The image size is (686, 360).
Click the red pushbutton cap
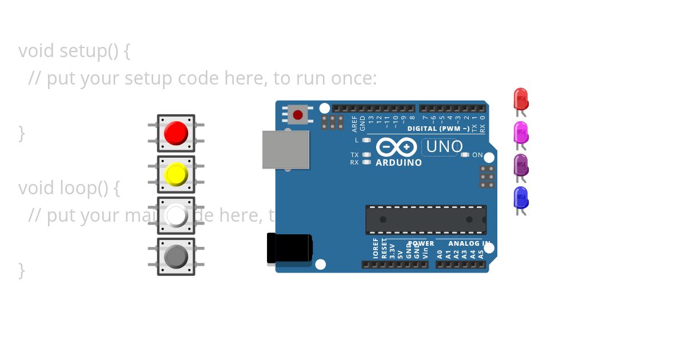(x=176, y=133)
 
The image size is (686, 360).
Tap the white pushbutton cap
(x=176, y=215)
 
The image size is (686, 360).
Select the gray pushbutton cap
(x=176, y=257)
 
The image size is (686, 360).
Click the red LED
(x=520, y=99)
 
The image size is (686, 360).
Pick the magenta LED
(x=520, y=132)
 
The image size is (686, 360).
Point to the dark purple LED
(x=520, y=165)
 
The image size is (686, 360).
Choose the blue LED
(x=520, y=197)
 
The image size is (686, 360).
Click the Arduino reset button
(x=297, y=115)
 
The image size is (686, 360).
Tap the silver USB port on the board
(x=286, y=150)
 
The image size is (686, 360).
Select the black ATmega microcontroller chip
(x=426, y=219)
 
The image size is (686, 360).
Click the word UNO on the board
(x=444, y=147)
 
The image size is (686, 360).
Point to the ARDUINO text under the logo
(x=399, y=163)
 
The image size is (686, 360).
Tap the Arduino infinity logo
(x=397, y=147)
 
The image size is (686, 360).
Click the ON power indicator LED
(x=465, y=155)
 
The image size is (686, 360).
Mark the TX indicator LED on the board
(x=366, y=155)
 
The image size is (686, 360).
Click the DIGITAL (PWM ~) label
(x=438, y=129)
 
